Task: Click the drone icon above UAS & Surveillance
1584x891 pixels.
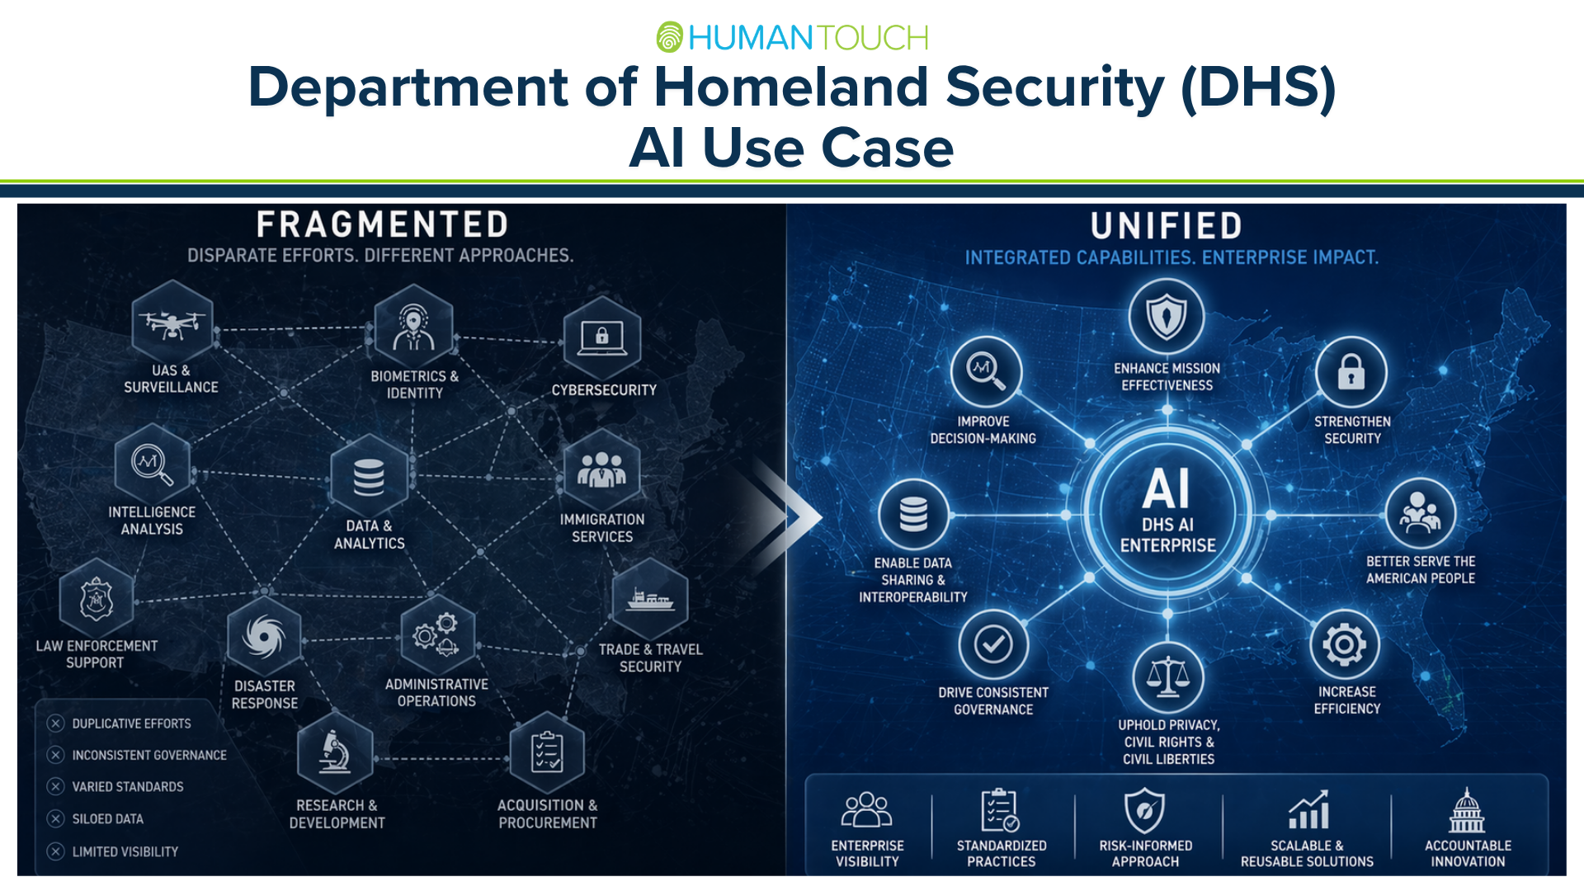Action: pyautogui.click(x=172, y=323)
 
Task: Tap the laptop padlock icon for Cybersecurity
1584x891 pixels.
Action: pyautogui.click(x=601, y=337)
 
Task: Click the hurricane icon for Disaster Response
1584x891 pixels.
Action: pyautogui.click(x=264, y=637)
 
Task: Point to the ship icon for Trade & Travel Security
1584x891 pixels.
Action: pyautogui.click(x=650, y=600)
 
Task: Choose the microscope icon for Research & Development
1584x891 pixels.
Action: pyautogui.click(x=335, y=752)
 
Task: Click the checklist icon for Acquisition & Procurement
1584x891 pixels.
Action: pyautogui.click(x=547, y=752)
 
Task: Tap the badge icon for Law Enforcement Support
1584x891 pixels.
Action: pyautogui.click(x=97, y=599)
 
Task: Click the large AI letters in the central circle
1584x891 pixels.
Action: pyautogui.click(x=1167, y=488)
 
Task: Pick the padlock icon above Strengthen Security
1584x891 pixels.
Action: pyautogui.click(x=1351, y=372)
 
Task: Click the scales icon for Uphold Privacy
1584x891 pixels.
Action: pyautogui.click(x=1168, y=677)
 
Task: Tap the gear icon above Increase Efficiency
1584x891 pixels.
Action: pyautogui.click(x=1345, y=645)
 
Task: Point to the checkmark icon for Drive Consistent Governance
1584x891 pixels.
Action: pyautogui.click(x=993, y=644)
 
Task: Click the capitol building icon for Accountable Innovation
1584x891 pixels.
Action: pyautogui.click(x=1467, y=810)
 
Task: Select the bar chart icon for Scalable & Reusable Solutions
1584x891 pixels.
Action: pyautogui.click(x=1308, y=810)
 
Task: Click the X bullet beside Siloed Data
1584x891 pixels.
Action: pyautogui.click(x=55, y=818)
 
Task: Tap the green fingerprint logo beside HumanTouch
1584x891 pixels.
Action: pyautogui.click(x=669, y=37)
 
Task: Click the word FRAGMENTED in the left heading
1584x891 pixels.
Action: pyautogui.click(x=382, y=224)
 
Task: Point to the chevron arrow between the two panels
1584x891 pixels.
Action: pyautogui.click(x=788, y=516)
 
